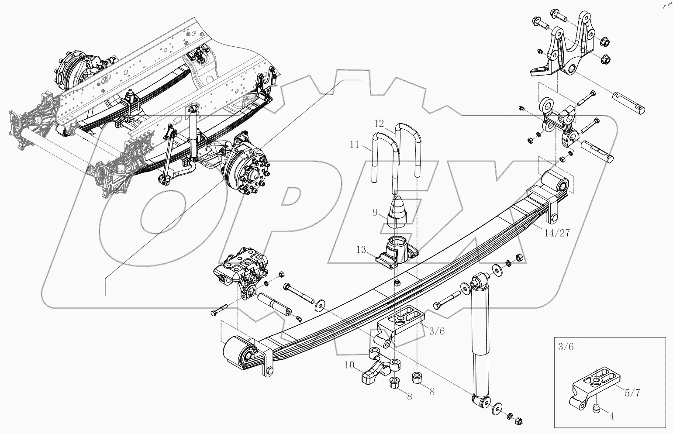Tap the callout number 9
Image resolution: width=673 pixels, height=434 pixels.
point(375,213)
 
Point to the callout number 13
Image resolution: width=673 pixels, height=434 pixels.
point(361,250)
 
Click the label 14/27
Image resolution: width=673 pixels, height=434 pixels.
point(557,233)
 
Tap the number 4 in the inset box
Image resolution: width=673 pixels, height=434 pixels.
point(612,416)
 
